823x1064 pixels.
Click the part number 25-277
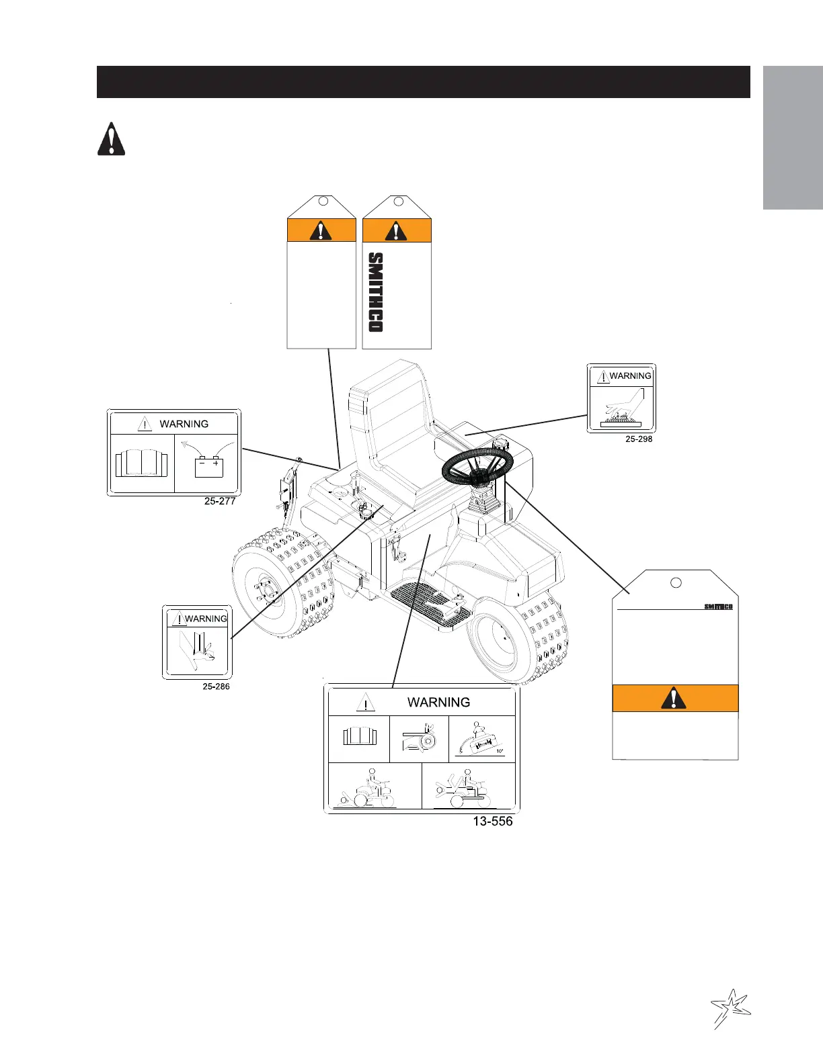click(x=220, y=501)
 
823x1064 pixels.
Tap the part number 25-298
click(x=639, y=439)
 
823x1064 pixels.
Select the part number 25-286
click(x=216, y=686)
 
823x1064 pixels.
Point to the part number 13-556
click(x=492, y=821)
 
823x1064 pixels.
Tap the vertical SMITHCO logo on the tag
click(x=376, y=292)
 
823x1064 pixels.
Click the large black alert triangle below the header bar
click(x=111, y=140)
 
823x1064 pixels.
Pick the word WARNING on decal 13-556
click(x=438, y=702)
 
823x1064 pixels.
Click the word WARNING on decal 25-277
click(x=184, y=424)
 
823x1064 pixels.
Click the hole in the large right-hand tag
click(x=677, y=582)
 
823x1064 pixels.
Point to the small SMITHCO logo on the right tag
click(x=718, y=607)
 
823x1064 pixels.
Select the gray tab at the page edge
click(x=793, y=138)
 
